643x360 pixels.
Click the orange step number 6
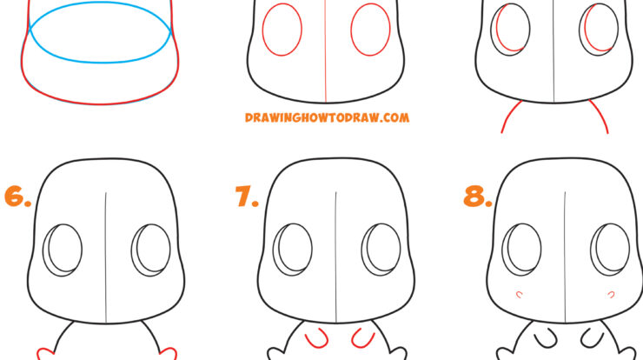point(17,197)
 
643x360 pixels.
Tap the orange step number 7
point(247,197)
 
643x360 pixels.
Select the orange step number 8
point(477,197)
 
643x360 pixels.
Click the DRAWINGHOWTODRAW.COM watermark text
point(327,117)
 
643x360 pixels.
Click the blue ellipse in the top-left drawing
point(101,62)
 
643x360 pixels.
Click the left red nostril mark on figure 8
point(520,293)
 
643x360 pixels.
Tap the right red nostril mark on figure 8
point(612,293)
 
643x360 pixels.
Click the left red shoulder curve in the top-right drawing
point(510,114)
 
